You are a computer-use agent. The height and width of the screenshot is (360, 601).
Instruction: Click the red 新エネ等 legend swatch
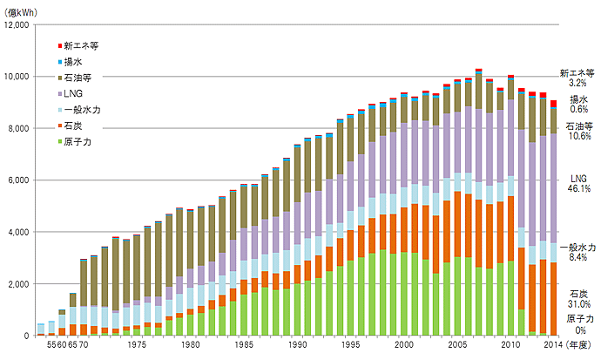pyautogui.click(x=60, y=44)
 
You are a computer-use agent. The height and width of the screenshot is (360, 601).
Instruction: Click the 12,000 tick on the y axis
pyautogui.click(x=17, y=24)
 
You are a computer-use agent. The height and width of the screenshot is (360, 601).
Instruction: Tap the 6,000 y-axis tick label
pyautogui.click(x=18, y=180)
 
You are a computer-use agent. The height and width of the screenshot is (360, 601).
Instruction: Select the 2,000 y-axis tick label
pyautogui.click(x=18, y=284)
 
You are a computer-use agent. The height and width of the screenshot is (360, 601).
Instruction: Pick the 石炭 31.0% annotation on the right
pyautogui.click(x=577, y=298)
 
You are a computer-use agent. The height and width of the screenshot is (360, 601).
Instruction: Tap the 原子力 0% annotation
pyautogui.click(x=577, y=324)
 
